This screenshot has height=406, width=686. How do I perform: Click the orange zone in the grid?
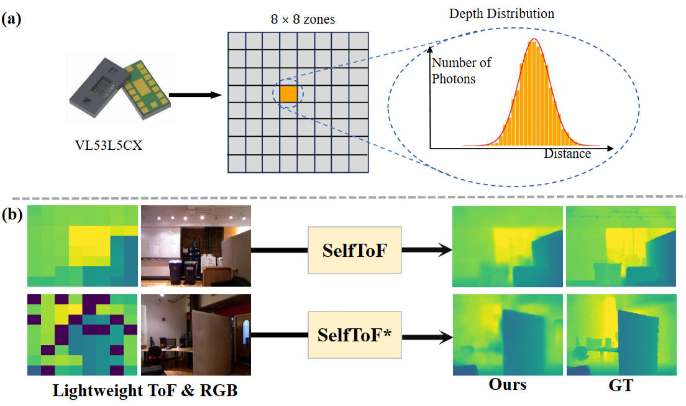(x=288, y=94)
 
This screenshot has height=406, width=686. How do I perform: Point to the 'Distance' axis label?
(x=567, y=153)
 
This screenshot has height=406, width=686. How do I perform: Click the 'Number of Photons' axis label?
(x=462, y=70)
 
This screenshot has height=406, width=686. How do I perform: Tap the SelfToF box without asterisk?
(x=355, y=249)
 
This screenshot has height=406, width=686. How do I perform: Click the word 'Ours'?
(x=507, y=385)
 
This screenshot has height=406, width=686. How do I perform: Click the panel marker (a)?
(x=12, y=19)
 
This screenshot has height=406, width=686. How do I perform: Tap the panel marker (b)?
(x=12, y=215)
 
